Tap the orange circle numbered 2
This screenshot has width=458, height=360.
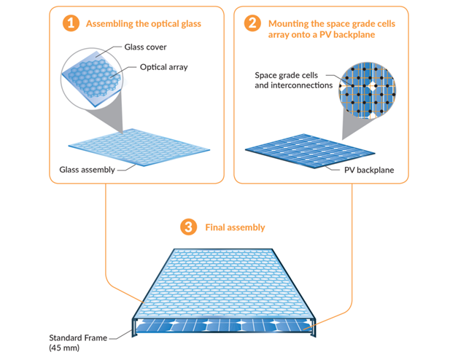coord(252,23)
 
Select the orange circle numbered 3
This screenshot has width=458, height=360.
coord(190,227)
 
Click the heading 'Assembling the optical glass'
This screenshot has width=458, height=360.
coord(144,24)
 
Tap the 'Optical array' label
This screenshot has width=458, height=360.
coord(163,67)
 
